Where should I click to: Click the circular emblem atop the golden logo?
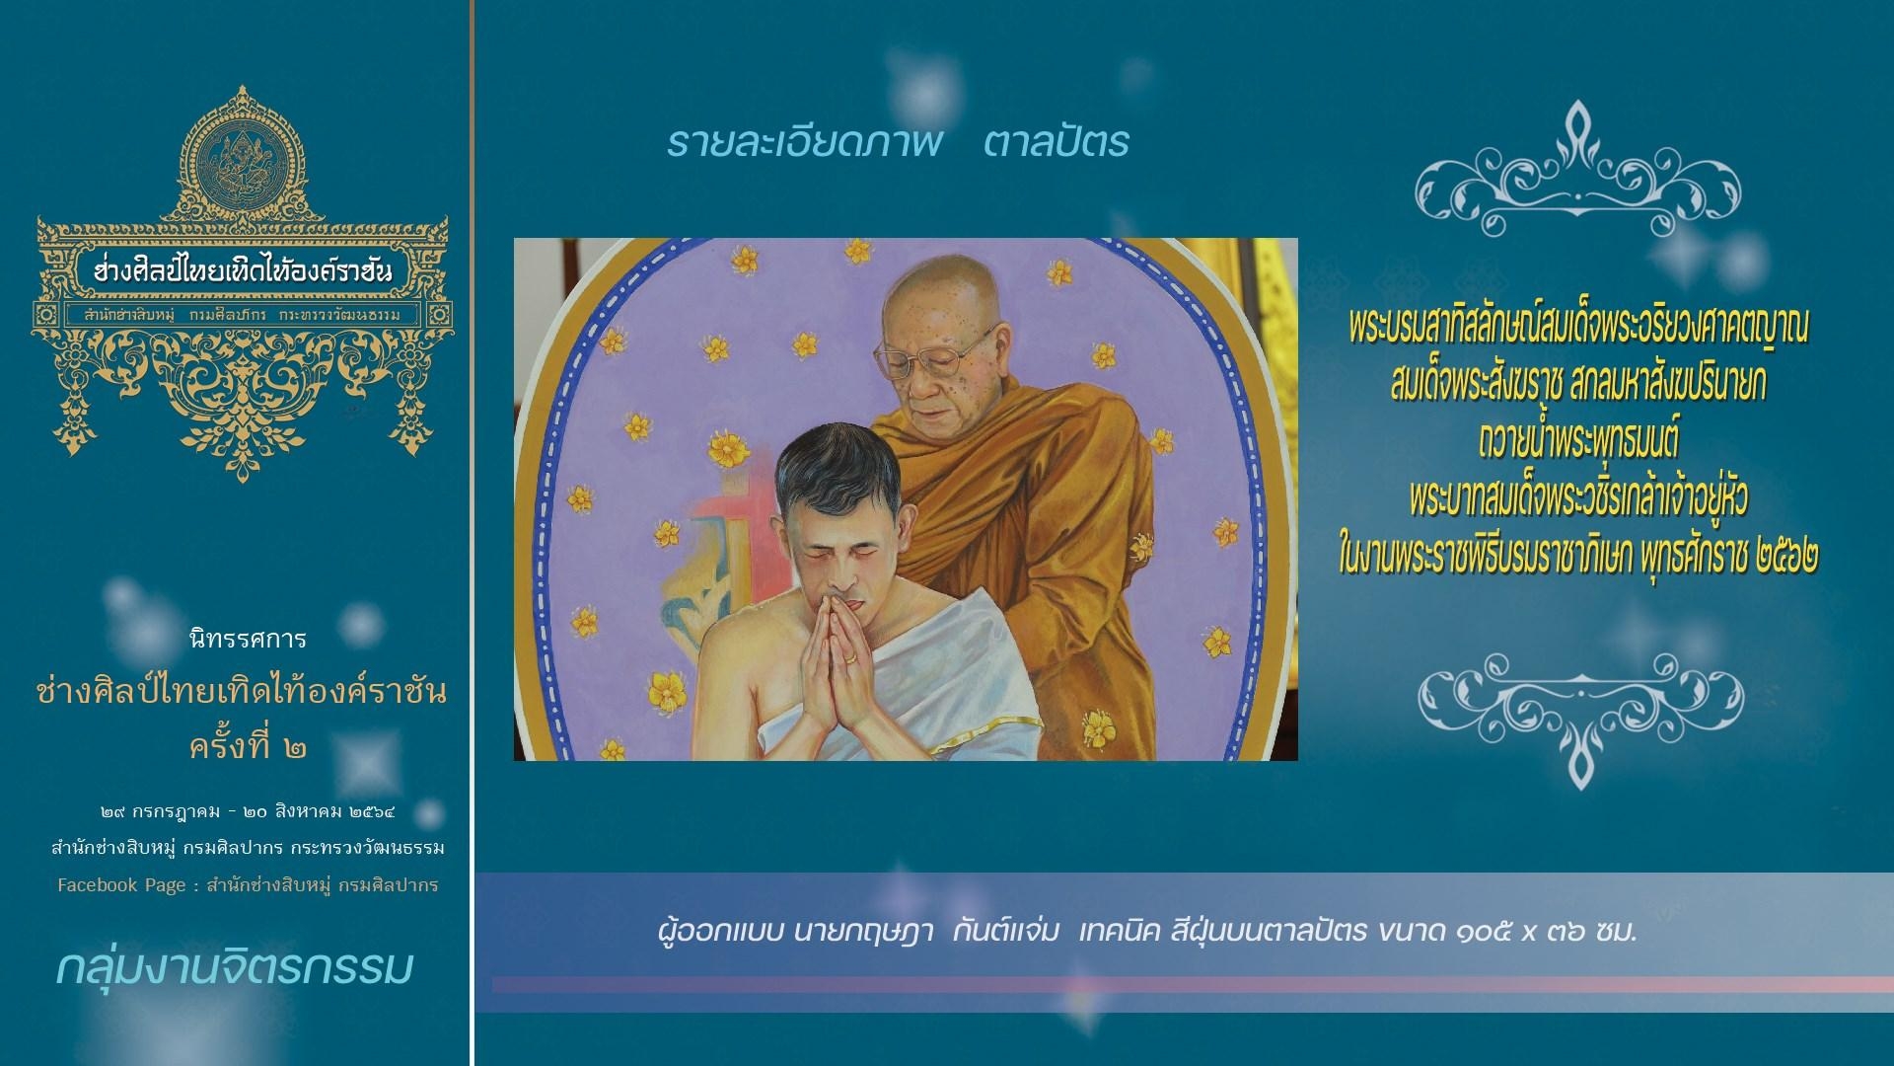tap(242, 164)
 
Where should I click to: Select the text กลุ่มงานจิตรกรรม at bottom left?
tap(234, 968)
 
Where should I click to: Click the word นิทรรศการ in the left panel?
tap(247, 640)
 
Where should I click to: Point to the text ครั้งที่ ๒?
tap(247, 746)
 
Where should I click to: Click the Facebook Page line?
tap(248, 885)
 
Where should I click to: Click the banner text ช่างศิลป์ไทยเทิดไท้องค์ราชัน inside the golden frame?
tap(242, 269)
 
